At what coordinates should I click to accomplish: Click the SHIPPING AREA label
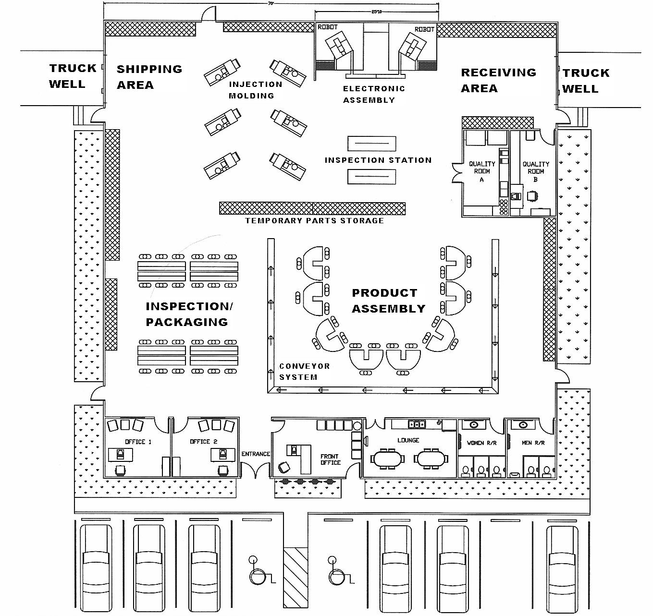pyautogui.click(x=149, y=77)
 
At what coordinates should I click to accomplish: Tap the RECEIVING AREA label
pyautogui.click(x=498, y=80)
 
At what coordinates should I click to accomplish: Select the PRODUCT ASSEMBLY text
pyautogui.click(x=388, y=301)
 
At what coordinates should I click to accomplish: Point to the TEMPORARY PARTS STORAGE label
pyautogui.click(x=314, y=221)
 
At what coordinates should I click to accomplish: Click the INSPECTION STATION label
pyautogui.click(x=378, y=160)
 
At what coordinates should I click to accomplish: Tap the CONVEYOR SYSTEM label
pyautogui.click(x=304, y=372)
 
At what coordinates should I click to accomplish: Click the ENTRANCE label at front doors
pyautogui.click(x=256, y=454)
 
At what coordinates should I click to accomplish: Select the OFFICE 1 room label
pyautogui.click(x=138, y=442)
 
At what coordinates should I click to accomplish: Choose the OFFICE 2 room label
pyautogui.click(x=203, y=442)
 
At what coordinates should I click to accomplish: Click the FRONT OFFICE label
pyautogui.click(x=330, y=459)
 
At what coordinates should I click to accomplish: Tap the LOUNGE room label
pyautogui.click(x=408, y=440)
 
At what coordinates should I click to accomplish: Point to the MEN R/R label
pyautogui.click(x=533, y=443)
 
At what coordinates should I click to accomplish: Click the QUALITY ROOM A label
pyautogui.click(x=482, y=171)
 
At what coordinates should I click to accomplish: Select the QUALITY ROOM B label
pyautogui.click(x=536, y=171)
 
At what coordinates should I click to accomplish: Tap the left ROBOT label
pyautogui.click(x=328, y=27)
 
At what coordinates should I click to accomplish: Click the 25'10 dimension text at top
pyautogui.click(x=376, y=12)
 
